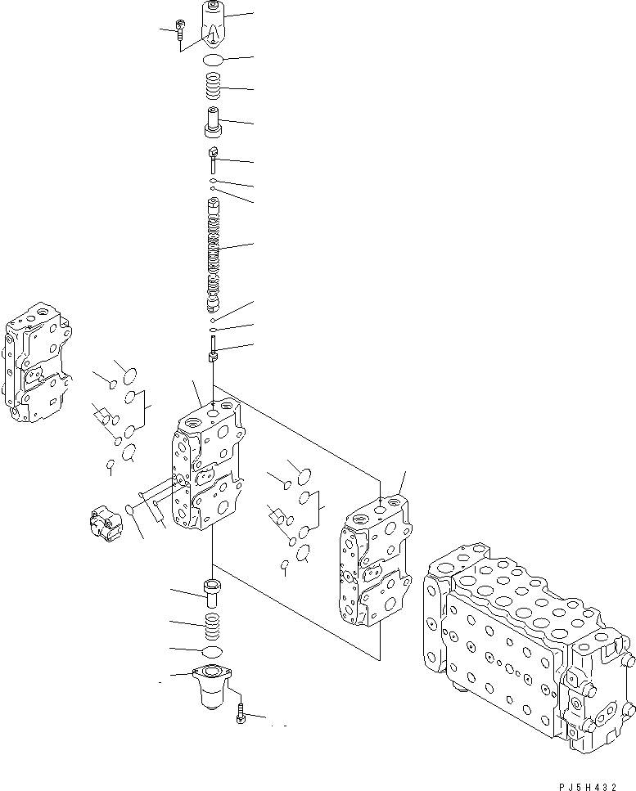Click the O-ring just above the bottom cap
212,650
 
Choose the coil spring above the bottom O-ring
212,626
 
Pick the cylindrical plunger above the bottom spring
212,593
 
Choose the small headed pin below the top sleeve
213,158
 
